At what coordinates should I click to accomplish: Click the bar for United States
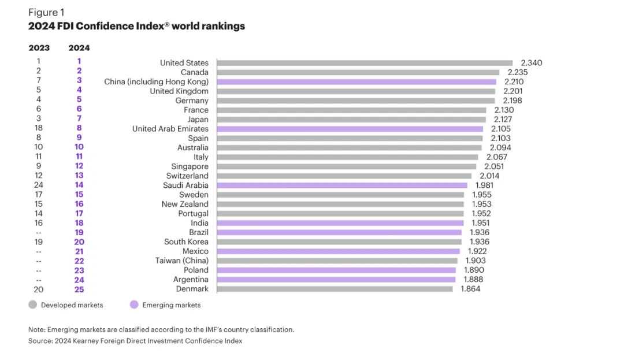(364, 63)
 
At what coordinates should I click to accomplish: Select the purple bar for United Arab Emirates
(350, 129)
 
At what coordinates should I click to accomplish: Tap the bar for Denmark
(335, 289)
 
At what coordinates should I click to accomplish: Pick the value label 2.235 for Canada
(518, 72)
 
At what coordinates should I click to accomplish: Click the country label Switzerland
(187, 176)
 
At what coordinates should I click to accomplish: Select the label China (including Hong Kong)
(156, 82)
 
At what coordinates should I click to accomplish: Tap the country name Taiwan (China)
(181, 261)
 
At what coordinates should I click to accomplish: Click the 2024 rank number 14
(79, 185)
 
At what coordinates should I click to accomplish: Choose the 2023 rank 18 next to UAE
(39, 129)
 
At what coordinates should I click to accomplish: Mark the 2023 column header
(39, 48)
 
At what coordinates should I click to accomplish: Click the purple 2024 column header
(79, 48)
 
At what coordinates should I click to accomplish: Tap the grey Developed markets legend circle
(33, 305)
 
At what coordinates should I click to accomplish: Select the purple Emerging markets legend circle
(134, 305)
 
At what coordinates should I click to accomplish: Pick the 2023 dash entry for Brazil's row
(39, 232)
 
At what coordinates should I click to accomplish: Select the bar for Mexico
(338, 251)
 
